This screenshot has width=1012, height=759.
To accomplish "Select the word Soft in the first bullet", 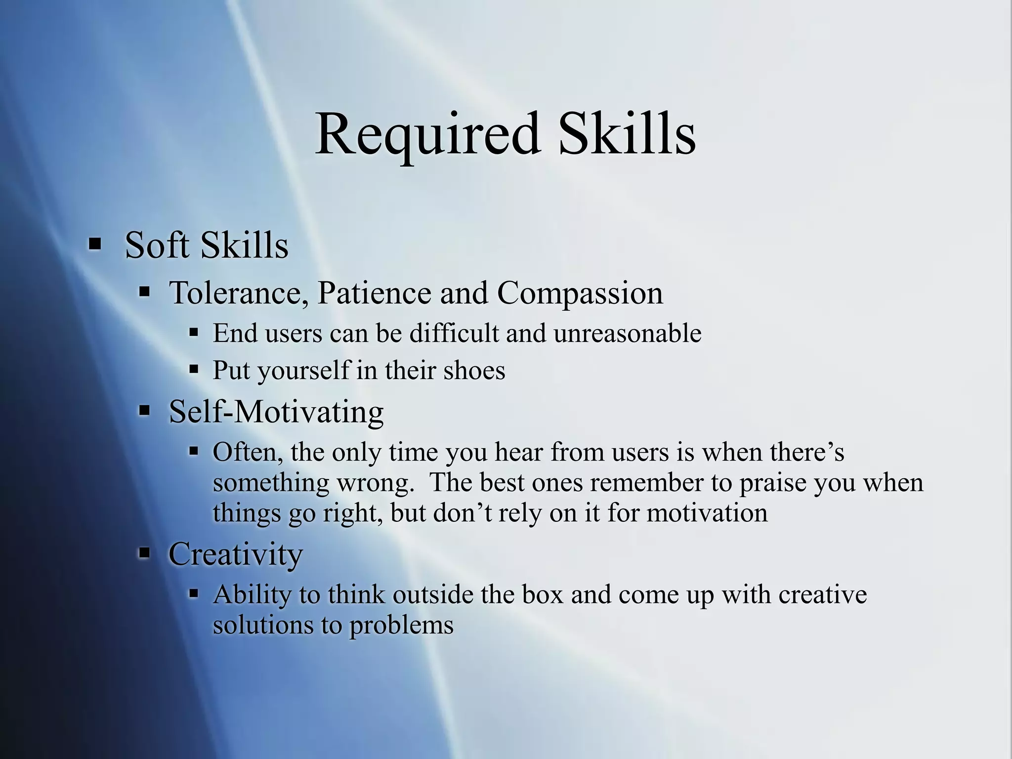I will pos(157,245).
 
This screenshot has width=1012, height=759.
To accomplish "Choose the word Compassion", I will pos(580,294).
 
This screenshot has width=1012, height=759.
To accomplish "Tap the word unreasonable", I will pos(627,333).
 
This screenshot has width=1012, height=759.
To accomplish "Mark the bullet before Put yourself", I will pos(194,369).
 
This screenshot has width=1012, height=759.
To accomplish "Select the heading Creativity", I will pos(236,553).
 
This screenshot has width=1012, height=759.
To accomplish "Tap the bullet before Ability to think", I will pos(194,593).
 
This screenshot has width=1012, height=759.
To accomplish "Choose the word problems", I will pos(401,626).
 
